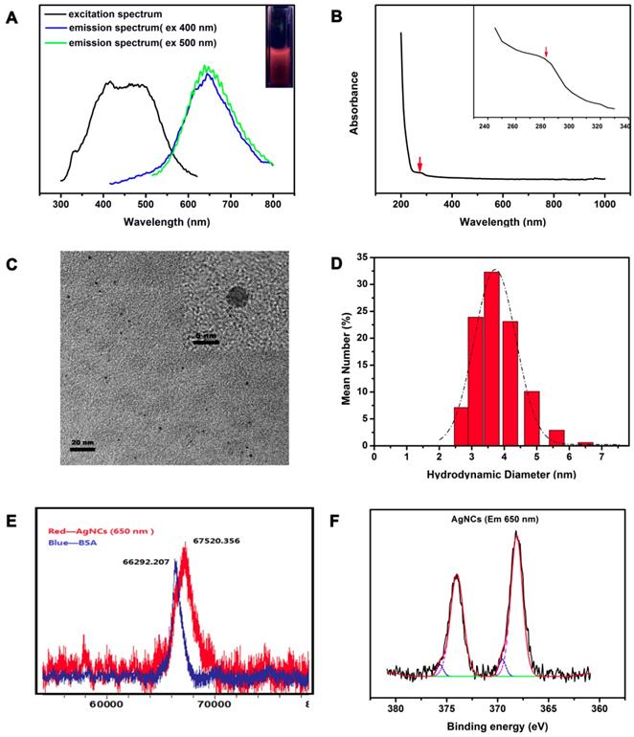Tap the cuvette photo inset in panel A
[280, 46]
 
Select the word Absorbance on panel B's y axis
[354, 101]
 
